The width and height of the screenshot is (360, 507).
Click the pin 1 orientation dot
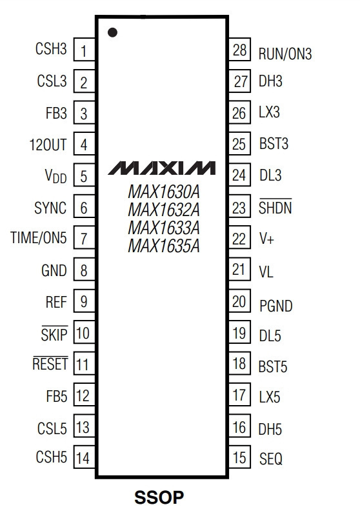point(112,32)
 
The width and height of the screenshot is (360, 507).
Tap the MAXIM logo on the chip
point(161,168)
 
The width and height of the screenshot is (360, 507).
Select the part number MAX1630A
point(164,192)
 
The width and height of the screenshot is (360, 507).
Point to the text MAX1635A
point(164,246)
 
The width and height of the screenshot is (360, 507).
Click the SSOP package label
point(159,497)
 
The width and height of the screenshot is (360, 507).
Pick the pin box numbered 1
point(85,50)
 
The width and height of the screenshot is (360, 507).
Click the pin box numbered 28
point(239,50)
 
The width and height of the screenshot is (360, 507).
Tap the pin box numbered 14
point(85,457)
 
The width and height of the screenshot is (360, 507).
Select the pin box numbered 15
point(239,457)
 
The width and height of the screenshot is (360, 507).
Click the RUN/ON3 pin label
point(285,54)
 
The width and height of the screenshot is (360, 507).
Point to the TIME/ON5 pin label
point(39,237)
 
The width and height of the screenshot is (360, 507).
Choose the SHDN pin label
point(275,206)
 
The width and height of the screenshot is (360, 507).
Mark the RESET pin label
point(50,363)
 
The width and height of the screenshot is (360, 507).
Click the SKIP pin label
point(54,333)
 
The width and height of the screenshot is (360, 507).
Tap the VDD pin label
point(55,177)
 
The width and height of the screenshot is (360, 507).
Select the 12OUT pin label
point(48,145)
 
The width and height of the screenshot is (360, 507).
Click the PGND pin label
point(276,306)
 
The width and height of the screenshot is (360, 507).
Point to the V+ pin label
point(267,239)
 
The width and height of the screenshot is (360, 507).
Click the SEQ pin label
point(271,459)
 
